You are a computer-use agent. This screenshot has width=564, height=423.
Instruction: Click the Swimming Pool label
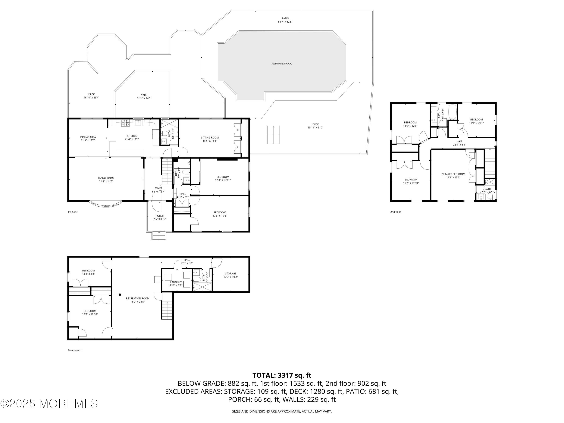(x=281, y=64)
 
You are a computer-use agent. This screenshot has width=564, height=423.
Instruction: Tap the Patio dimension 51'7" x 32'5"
(x=285, y=22)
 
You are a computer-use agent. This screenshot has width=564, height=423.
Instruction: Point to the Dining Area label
(x=88, y=137)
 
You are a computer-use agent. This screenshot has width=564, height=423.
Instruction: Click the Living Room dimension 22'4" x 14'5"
(x=106, y=182)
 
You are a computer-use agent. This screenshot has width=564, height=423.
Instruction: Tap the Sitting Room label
(x=210, y=138)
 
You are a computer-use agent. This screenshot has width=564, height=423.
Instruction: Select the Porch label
(x=160, y=216)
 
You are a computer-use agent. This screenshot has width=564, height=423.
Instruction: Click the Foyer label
(x=158, y=188)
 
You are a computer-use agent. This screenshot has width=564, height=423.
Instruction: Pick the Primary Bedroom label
(x=453, y=174)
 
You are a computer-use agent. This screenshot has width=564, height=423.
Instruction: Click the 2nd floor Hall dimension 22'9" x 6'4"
(x=459, y=145)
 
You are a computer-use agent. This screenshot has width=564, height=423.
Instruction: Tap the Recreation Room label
(x=137, y=298)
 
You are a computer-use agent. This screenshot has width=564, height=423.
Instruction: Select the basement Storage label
(x=230, y=274)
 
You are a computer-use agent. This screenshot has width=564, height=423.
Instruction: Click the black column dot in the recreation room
(x=120, y=295)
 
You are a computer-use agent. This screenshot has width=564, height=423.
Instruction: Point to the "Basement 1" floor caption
(x=75, y=350)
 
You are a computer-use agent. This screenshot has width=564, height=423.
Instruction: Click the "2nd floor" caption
(x=396, y=212)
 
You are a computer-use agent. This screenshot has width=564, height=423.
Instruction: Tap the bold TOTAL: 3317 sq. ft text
(x=282, y=375)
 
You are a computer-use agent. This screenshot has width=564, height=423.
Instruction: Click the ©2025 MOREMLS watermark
(x=49, y=404)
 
